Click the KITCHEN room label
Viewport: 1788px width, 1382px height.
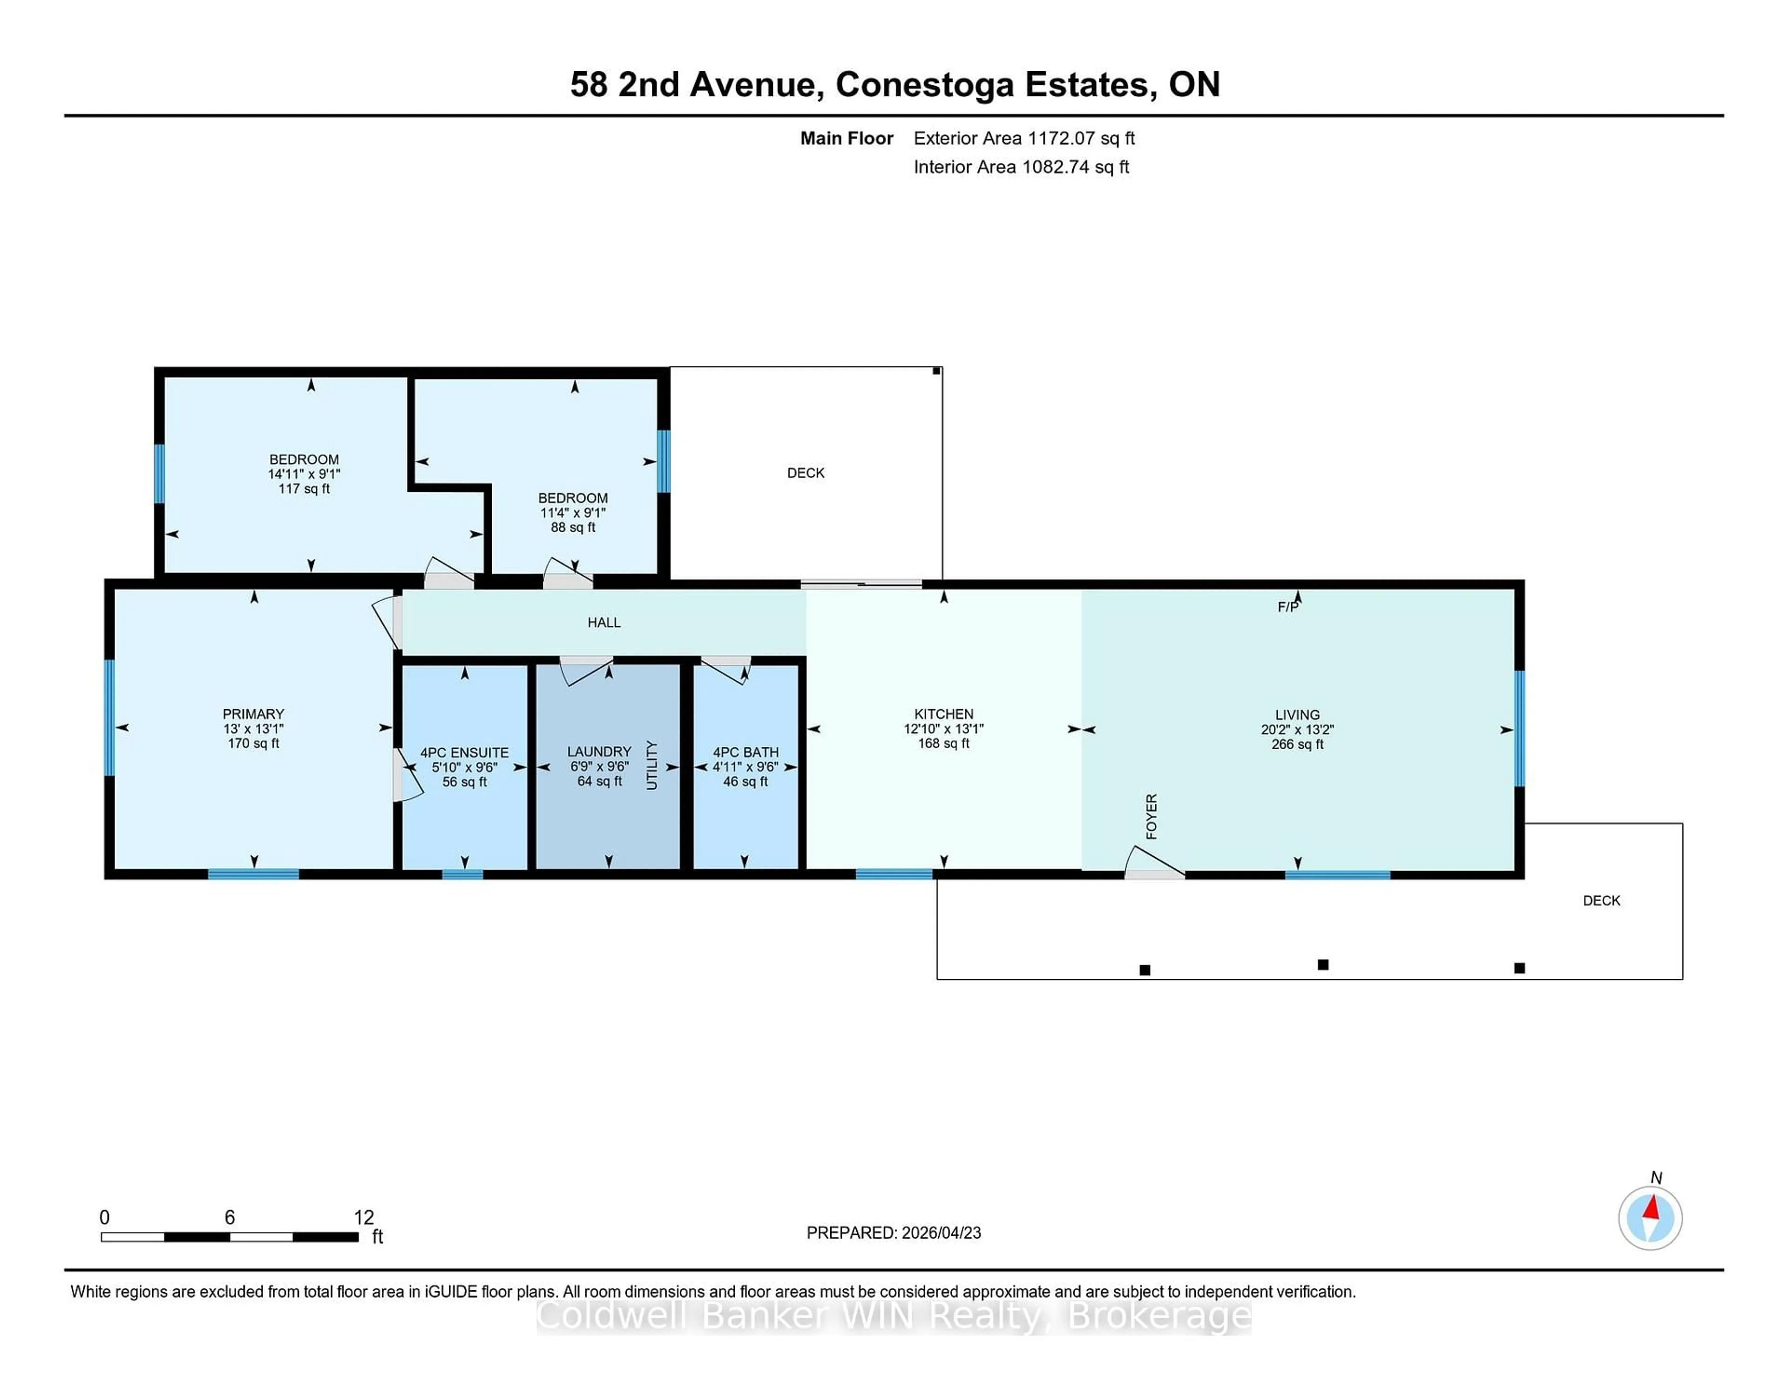(943, 714)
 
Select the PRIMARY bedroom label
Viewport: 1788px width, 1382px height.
(253, 714)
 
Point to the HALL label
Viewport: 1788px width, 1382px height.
(603, 622)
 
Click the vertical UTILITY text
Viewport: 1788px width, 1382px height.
(652, 765)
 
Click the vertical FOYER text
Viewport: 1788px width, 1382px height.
(1151, 816)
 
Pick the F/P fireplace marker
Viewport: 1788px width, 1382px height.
(1287, 607)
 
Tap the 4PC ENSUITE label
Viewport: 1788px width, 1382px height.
(464, 752)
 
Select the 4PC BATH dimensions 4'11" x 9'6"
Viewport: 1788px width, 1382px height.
(745, 767)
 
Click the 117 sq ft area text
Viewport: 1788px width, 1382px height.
(304, 489)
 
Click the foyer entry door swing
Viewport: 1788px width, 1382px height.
(1153, 863)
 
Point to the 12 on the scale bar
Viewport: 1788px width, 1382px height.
(364, 1218)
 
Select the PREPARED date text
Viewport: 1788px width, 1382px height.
(893, 1233)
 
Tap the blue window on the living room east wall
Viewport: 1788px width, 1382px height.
(1519, 728)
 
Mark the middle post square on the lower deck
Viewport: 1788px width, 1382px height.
(1323, 964)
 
